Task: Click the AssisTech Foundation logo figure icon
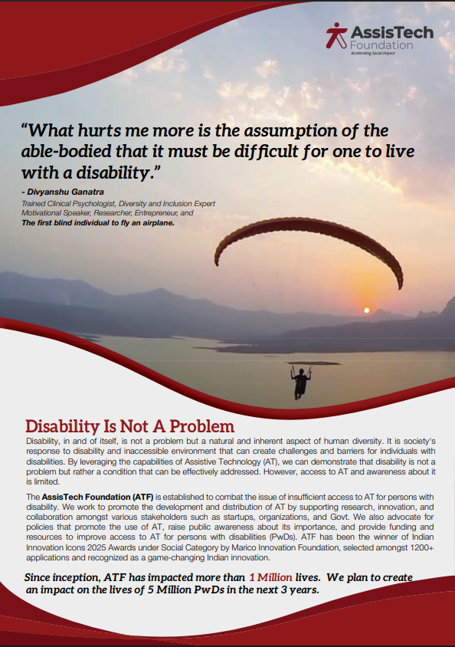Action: tap(336, 35)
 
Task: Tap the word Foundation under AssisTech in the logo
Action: tap(381, 45)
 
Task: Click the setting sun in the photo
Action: tap(366, 310)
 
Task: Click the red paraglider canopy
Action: tap(308, 248)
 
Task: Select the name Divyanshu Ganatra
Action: tap(66, 192)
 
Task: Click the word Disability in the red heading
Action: tap(63, 426)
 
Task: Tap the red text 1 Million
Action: tap(270, 577)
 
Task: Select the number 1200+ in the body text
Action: tap(421, 547)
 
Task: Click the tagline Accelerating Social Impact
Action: tap(372, 53)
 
